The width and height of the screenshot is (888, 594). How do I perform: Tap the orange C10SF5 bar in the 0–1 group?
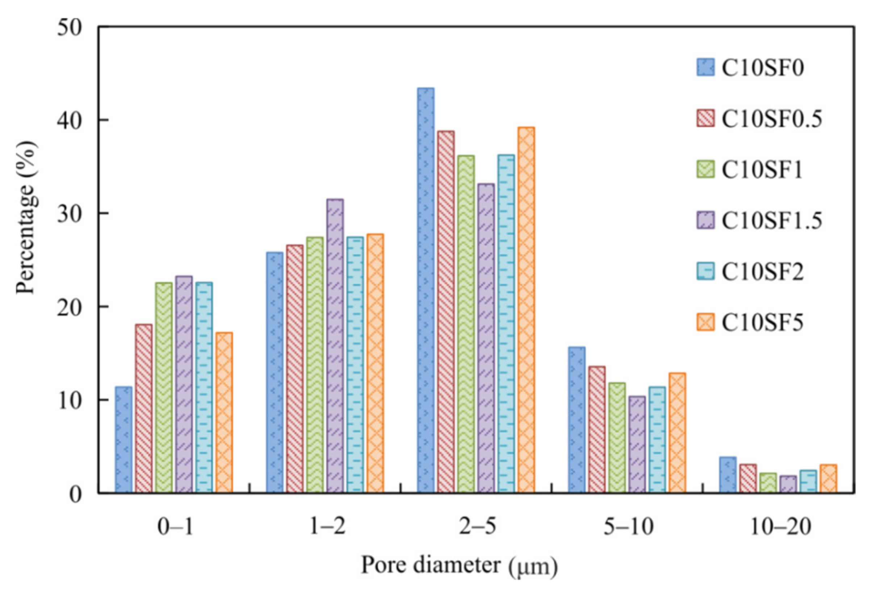click(x=224, y=413)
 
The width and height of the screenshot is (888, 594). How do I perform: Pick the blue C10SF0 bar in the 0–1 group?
click(x=124, y=439)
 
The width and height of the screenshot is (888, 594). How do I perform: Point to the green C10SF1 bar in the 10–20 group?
click(x=768, y=483)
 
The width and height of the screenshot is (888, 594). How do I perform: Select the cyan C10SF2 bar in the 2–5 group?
click(x=506, y=324)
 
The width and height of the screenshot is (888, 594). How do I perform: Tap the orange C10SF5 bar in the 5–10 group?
click(x=677, y=433)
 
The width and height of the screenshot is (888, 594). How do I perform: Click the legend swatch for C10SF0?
click(x=705, y=67)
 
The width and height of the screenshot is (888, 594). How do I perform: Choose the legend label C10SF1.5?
click(x=772, y=221)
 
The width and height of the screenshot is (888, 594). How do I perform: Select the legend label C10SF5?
click(x=762, y=323)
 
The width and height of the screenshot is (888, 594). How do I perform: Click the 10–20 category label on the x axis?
click(x=780, y=527)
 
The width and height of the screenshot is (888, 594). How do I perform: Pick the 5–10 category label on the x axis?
click(x=628, y=527)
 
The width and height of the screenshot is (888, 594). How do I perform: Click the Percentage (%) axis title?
click(x=26, y=218)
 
